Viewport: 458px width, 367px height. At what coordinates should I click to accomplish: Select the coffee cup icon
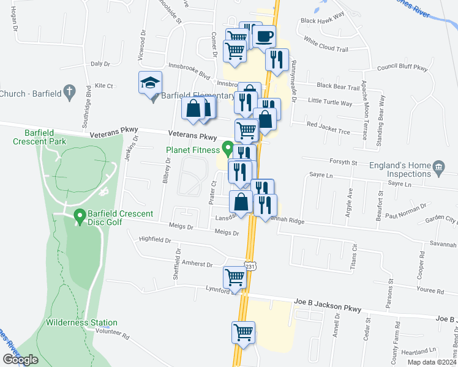(x=264, y=37)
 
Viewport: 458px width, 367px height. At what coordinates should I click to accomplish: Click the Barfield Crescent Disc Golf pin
(x=79, y=216)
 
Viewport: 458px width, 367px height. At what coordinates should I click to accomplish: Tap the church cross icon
(x=70, y=93)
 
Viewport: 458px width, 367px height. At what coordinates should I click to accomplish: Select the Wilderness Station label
(x=81, y=322)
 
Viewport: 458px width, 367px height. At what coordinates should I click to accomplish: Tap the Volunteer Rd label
(x=113, y=336)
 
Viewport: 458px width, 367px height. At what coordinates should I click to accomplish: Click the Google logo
(x=20, y=360)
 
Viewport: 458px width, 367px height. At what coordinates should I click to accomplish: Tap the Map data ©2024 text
(x=430, y=362)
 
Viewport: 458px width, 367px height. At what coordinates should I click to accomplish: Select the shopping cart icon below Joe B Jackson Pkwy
(x=243, y=333)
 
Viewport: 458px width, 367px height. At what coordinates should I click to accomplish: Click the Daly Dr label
(x=100, y=64)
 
